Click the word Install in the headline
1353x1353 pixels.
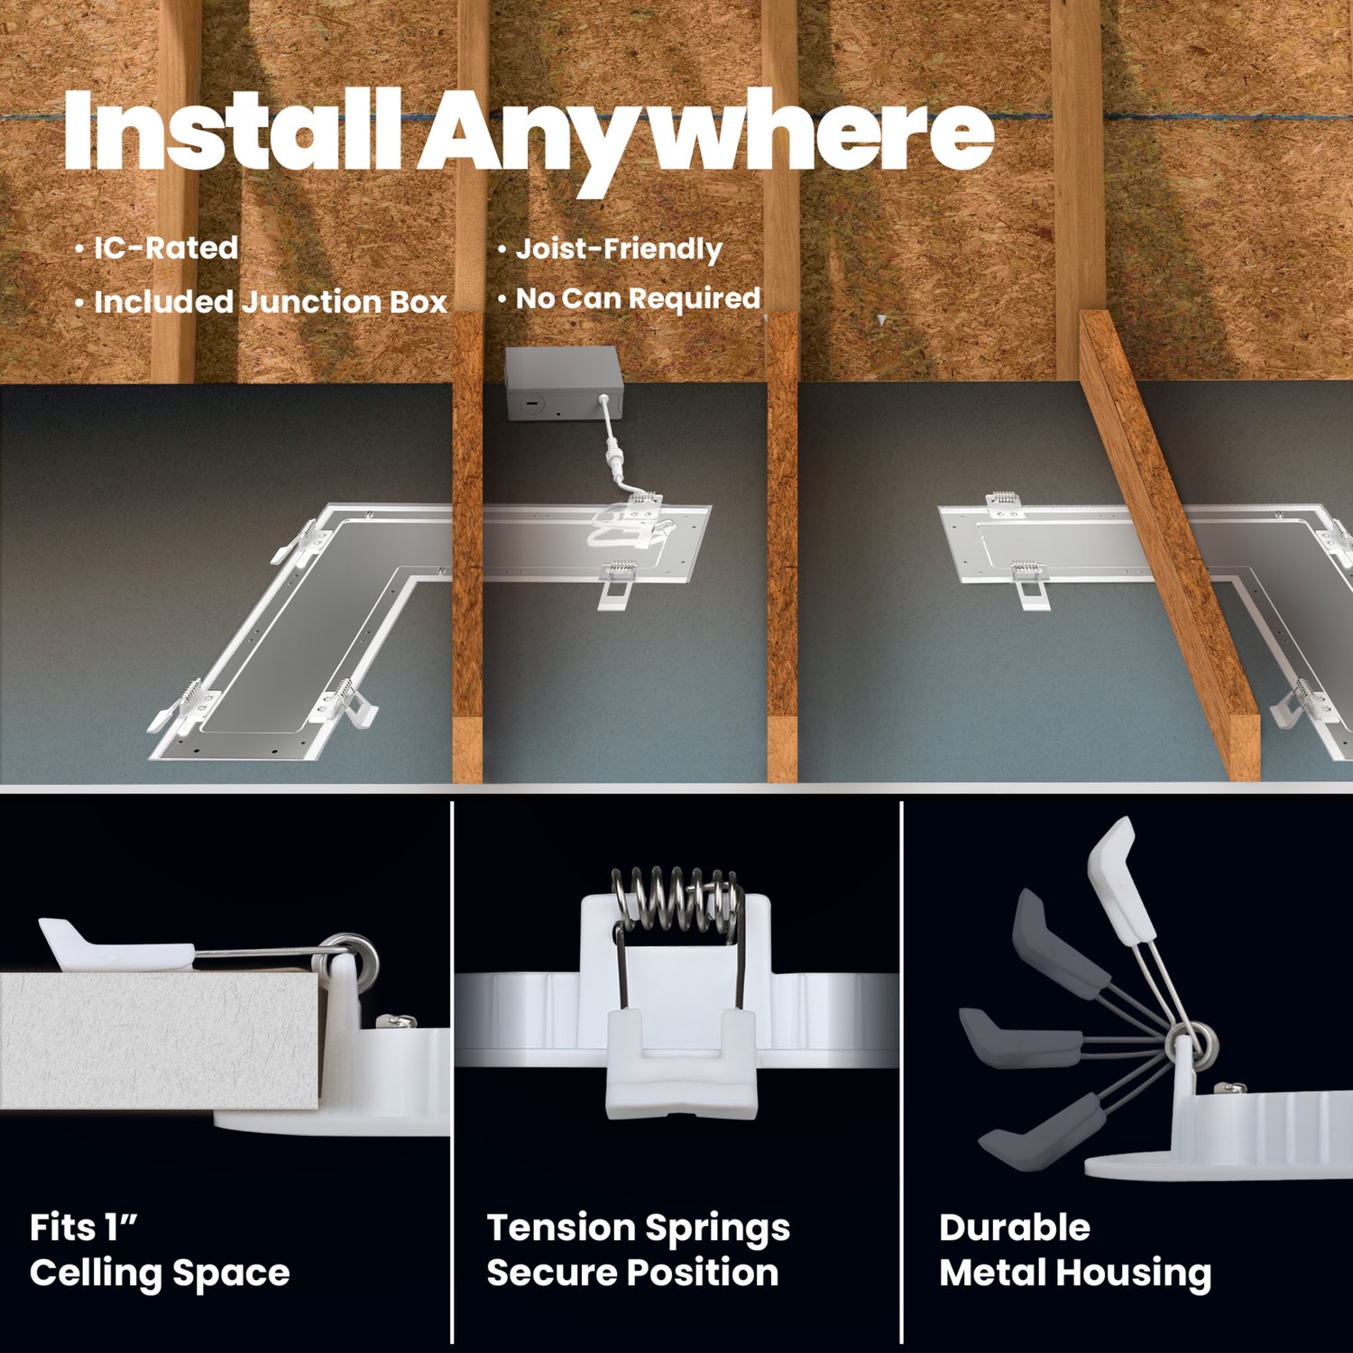(232, 131)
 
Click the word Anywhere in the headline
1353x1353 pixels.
(706, 140)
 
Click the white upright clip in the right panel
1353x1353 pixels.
(1123, 879)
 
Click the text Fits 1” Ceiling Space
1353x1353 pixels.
(160, 1250)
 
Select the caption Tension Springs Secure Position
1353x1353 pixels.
(639, 1250)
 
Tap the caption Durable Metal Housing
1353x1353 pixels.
(1075, 1250)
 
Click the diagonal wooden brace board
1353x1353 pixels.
(1170, 546)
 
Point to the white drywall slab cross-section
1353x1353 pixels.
(160, 1041)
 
